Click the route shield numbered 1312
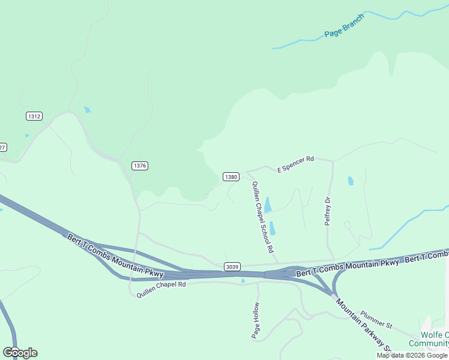coord(34,116)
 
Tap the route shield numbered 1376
coord(140,166)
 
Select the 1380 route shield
coord(231,177)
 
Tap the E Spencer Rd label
coord(295,165)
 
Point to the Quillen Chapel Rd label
coord(161,289)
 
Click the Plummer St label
coord(376,320)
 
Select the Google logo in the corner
coord(20,352)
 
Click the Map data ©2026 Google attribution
coord(412,355)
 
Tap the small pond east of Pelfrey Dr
coord(351,181)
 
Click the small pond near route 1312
coord(88,110)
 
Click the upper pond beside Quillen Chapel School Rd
coord(268,205)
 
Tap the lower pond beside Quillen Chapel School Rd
coord(273,228)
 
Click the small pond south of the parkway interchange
coord(243,281)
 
